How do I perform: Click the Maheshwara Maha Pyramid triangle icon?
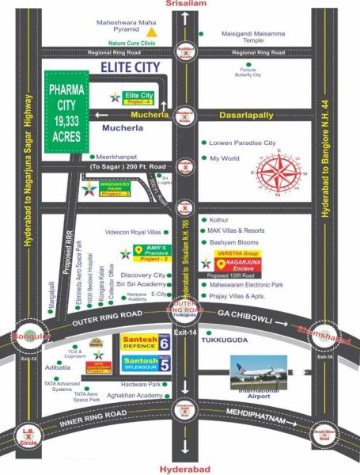(163, 34)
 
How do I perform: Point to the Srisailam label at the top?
(184, 5)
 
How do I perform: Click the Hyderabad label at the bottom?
(184, 469)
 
